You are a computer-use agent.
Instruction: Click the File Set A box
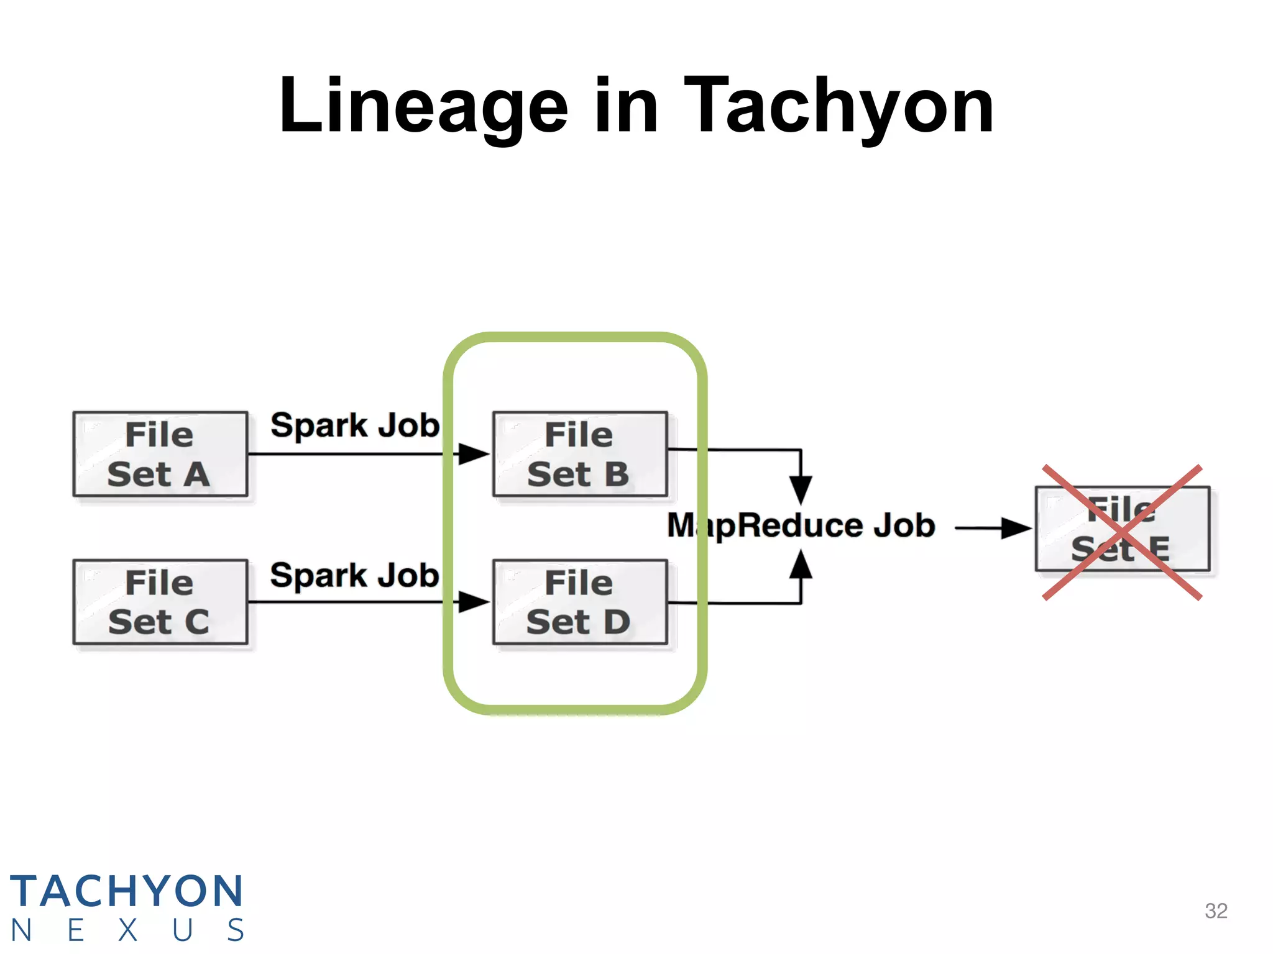[160, 454]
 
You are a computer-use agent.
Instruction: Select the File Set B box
[580, 454]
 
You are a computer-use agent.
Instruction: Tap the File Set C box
[160, 602]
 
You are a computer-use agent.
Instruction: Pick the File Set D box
[580, 602]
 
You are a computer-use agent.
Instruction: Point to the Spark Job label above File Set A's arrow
[355, 426]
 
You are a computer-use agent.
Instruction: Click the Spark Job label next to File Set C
[355, 576]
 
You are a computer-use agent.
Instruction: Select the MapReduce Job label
[801, 525]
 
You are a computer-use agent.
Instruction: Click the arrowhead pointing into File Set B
[473, 454]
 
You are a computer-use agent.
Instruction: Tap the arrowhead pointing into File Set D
[473, 602]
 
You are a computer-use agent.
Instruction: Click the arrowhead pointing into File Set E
[1016, 529]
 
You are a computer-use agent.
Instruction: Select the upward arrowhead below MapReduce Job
[801, 565]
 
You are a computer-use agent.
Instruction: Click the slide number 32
[1216, 911]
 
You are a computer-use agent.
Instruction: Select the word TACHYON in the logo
[126, 891]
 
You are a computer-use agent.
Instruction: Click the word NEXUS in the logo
[127, 930]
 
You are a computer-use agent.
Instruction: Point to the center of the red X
[1122, 532]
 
